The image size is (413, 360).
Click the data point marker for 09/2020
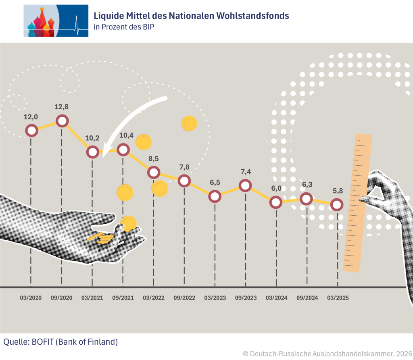pyautogui.click(x=62, y=121)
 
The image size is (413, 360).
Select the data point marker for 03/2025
pyautogui.click(x=337, y=205)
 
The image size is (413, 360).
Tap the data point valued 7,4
pyautogui.click(x=245, y=185)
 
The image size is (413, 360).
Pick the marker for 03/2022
pyautogui.click(x=153, y=172)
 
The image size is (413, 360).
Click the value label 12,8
pyautogui.click(x=62, y=107)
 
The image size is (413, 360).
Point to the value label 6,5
pyautogui.click(x=215, y=182)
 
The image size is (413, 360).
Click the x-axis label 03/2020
pyautogui.click(x=31, y=298)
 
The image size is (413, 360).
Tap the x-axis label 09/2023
pyautogui.click(x=245, y=298)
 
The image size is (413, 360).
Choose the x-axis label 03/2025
pyautogui.click(x=337, y=298)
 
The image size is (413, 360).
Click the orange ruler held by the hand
pyautogui.click(x=357, y=202)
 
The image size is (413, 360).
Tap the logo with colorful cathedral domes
pyautogui.click(x=56, y=21)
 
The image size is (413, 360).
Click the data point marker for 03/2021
pyautogui.click(x=93, y=152)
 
